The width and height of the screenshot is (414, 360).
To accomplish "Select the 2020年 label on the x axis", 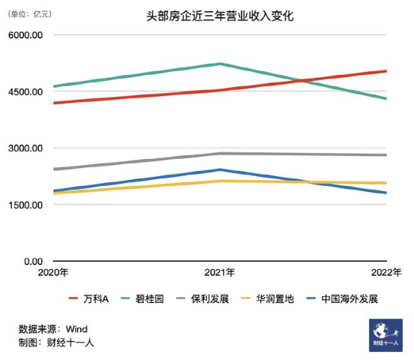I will click(x=53, y=273).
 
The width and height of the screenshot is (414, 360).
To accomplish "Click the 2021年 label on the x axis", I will click(x=220, y=273).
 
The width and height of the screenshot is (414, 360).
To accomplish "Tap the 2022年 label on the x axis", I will click(x=386, y=273).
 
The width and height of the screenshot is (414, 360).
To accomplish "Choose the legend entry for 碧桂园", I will click(x=152, y=299).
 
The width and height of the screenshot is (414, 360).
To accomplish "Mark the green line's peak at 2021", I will click(x=220, y=64).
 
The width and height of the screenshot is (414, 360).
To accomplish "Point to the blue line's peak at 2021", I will click(x=220, y=169).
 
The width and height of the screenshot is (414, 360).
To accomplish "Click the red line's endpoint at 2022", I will click(x=385, y=71).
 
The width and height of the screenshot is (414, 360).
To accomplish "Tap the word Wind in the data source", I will click(x=77, y=328).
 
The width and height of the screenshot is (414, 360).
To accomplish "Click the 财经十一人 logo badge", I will click(x=386, y=334).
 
